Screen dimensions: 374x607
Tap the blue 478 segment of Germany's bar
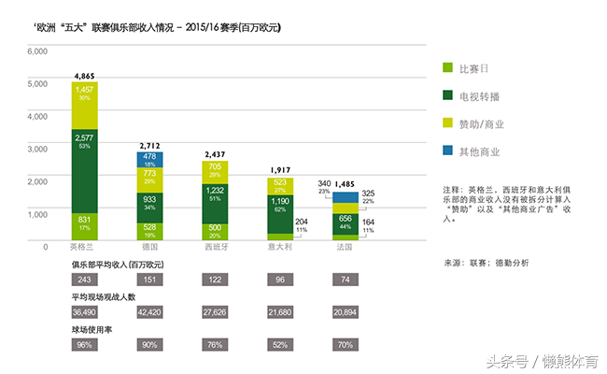point(149,160)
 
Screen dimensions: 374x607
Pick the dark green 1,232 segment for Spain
point(216,194)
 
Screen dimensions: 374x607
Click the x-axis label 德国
point(149,247)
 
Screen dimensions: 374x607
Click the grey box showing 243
point(85,280)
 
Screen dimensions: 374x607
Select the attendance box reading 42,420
point(149,312)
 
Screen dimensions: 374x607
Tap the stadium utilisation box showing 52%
point(281,344)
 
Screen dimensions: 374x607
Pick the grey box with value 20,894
point(346,312)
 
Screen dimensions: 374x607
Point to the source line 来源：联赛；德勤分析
point(486,264)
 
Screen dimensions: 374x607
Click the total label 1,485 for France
point(346,183)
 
